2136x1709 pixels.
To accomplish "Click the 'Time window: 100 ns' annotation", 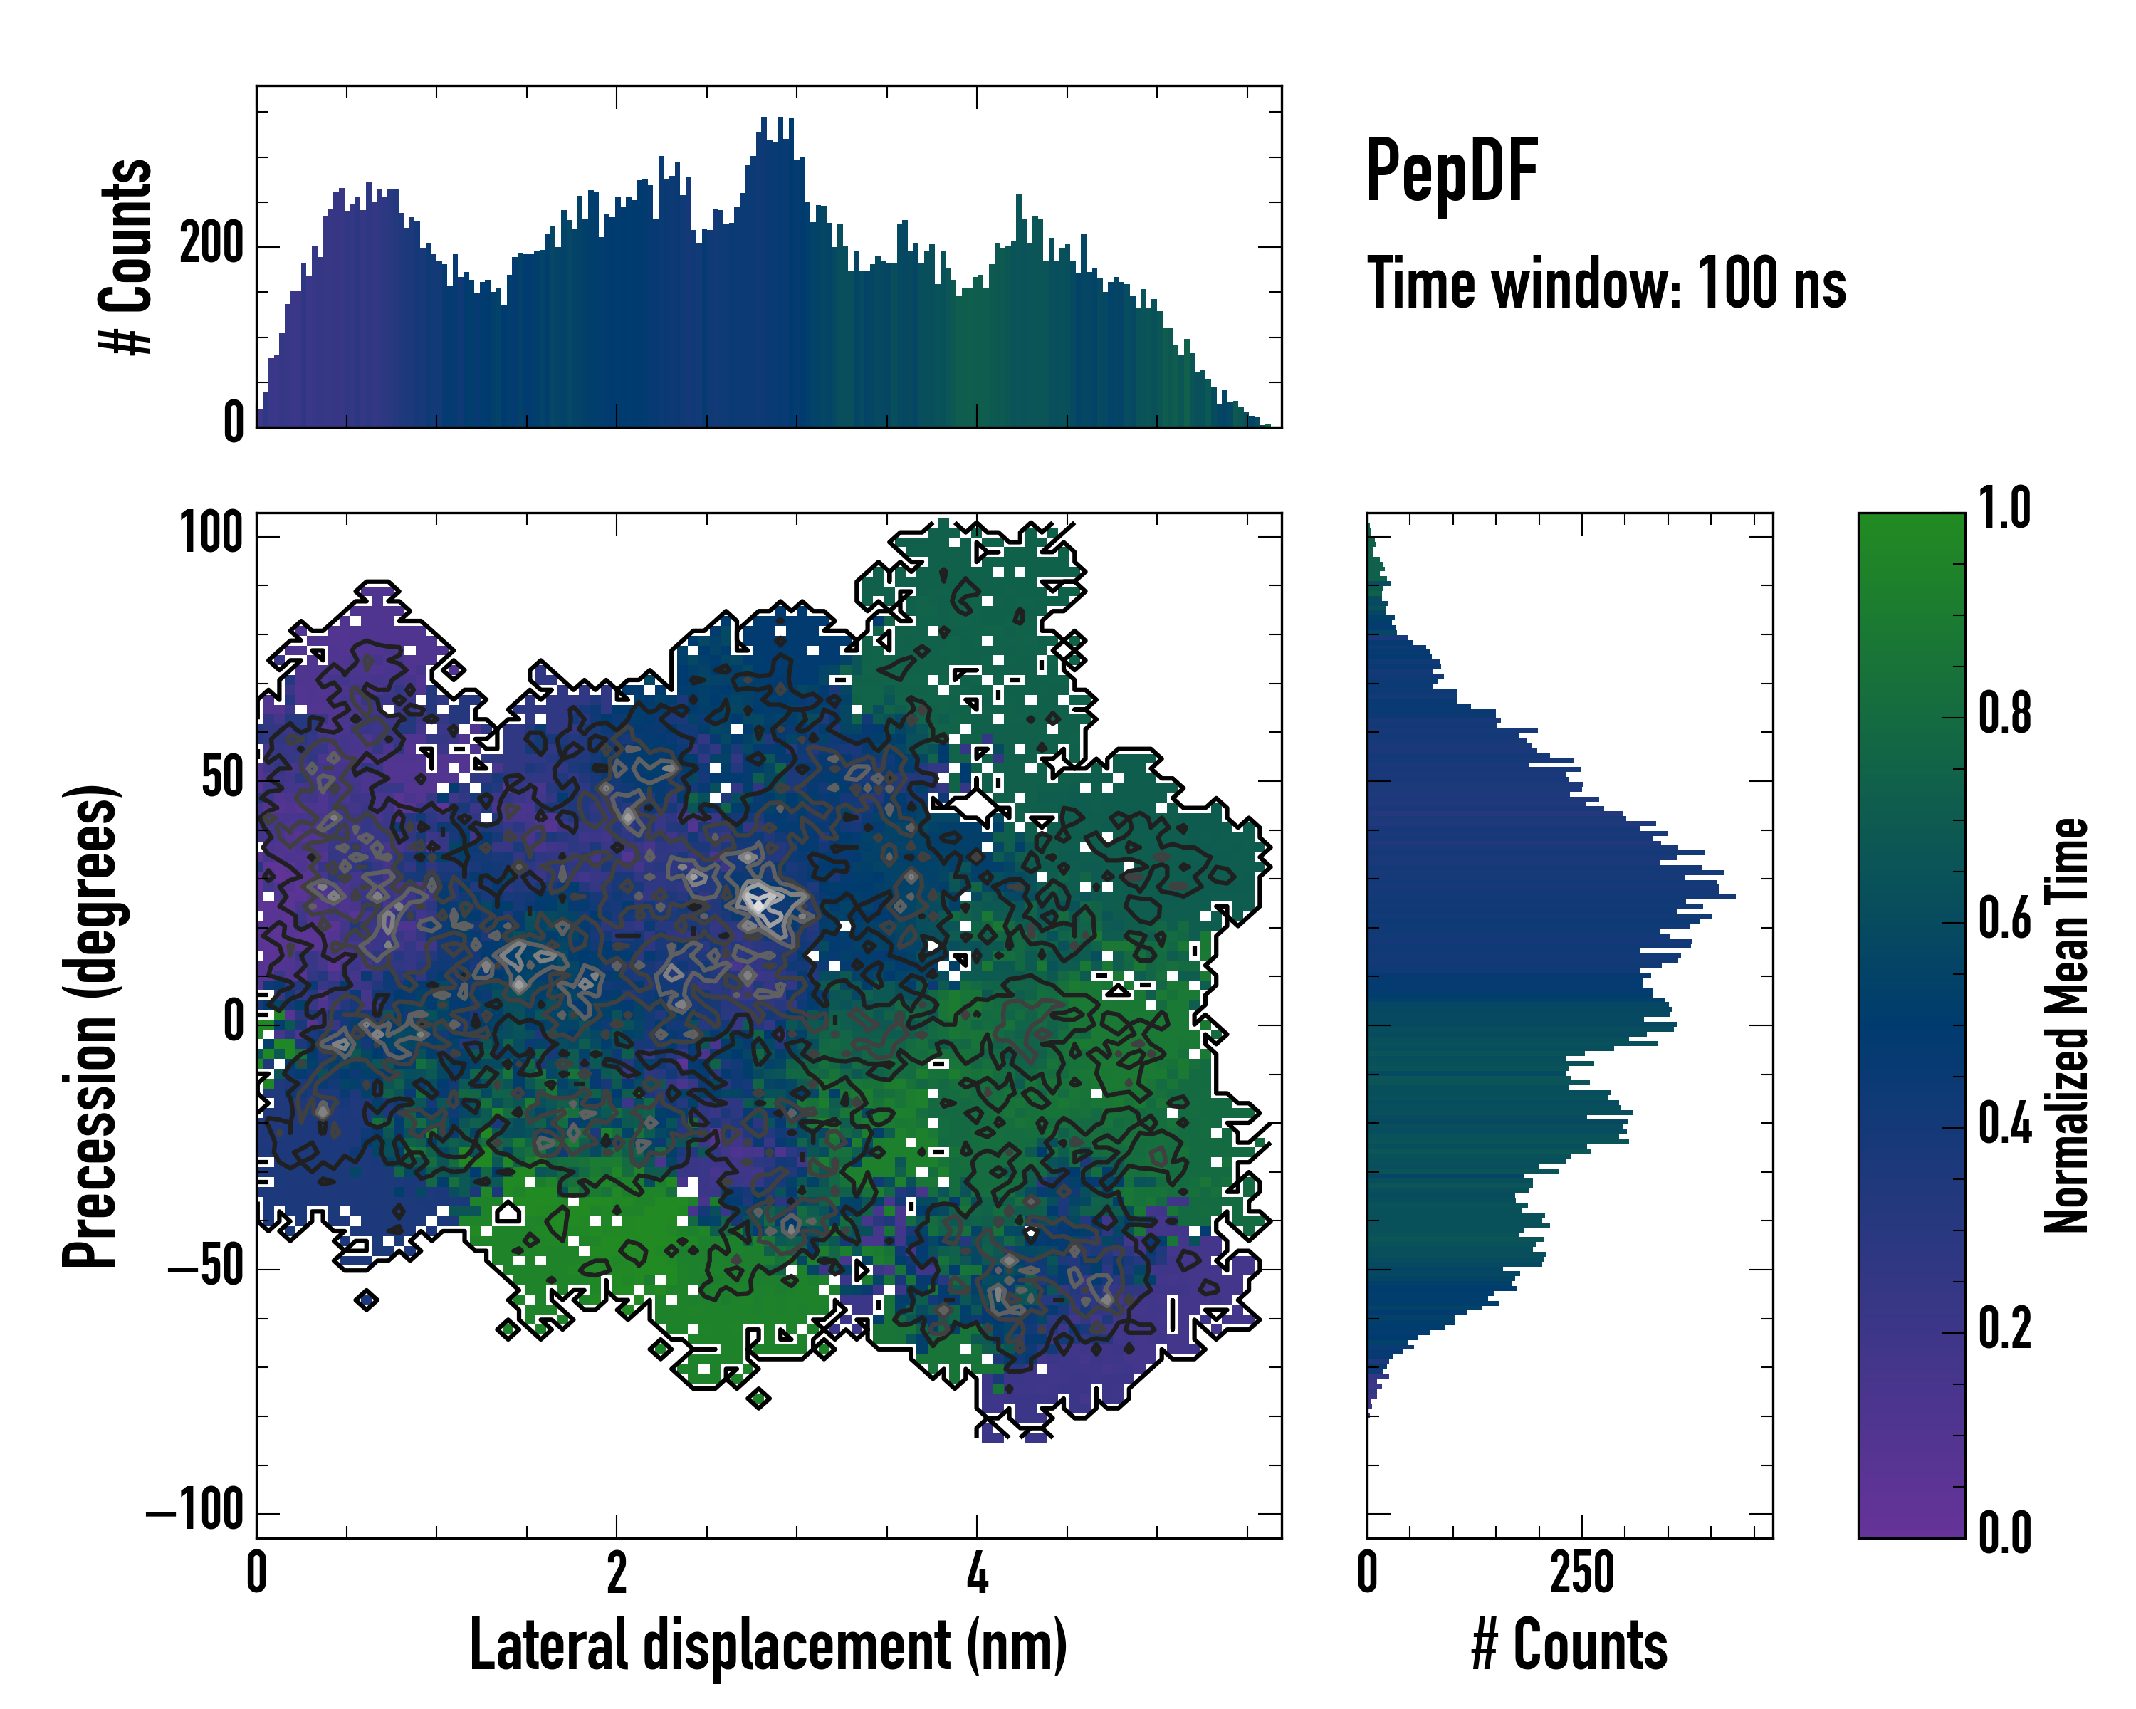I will [x=1606, y=283].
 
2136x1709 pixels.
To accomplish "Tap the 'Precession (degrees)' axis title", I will [x=91, y=1025].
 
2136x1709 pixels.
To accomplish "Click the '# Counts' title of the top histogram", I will [x=126, y=256].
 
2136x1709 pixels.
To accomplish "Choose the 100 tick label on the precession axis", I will [x=211, y=534].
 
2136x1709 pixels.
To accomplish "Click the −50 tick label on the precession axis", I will [x=206, y=1268].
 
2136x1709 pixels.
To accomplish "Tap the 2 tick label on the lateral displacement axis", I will [x=616, y=1573].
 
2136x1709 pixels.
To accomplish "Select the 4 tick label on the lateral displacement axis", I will [x=977, y=1573].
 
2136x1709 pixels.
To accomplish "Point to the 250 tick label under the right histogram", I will [x=1582, y=1573].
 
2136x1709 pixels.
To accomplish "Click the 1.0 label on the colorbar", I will [x=2004, y=509].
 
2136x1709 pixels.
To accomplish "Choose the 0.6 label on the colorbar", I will [x=2004, y=919].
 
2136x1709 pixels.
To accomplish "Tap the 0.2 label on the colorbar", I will [x=2004, y=1329].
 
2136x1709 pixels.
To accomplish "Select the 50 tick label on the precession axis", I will [x=222, y=779].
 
